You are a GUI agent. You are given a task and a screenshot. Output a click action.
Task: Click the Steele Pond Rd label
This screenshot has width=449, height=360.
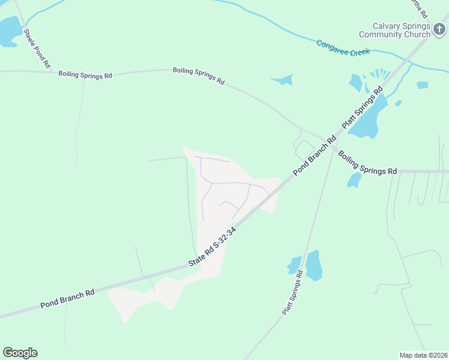pos(37,47)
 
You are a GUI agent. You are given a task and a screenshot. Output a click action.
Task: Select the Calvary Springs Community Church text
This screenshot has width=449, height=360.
pos(401,30)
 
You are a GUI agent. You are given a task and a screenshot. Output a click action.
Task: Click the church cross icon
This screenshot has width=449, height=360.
pos(440,28)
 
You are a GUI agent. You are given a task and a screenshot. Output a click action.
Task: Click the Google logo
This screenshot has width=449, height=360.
pos(20,353)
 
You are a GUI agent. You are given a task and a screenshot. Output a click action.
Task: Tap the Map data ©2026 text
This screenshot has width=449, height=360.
pos(424,355)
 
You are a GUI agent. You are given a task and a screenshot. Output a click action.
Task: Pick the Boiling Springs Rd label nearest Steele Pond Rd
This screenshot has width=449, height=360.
pos(85,74)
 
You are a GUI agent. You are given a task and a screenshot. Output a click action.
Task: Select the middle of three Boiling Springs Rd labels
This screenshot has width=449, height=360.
pos(199,76)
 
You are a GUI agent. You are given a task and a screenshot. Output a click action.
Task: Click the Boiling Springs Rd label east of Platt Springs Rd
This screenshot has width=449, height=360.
pos(367,163)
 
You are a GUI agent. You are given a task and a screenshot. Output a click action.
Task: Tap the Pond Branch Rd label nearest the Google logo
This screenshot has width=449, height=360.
pos(68,299)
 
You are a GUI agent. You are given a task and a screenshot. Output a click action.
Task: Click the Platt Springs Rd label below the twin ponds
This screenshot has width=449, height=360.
pos(293,292)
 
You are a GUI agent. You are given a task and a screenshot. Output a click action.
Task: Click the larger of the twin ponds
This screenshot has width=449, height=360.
pos(313,266)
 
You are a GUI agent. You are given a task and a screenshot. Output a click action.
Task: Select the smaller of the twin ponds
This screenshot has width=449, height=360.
pos(295,265)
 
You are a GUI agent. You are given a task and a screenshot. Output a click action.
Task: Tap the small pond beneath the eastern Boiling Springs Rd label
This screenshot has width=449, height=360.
pos(355,179)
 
